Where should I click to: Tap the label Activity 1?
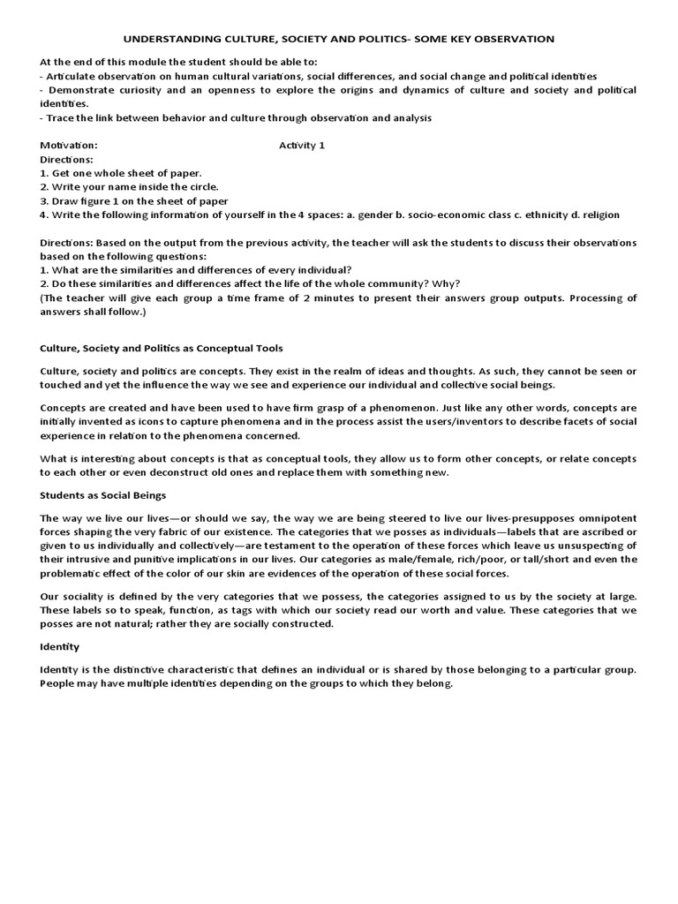[x=302, y=146]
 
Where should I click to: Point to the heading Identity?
[x=60, y=647]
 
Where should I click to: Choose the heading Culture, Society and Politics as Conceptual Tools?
[x=162, y=349]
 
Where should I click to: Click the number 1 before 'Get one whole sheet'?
[x=44, y=173]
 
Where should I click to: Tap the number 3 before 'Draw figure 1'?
[x=44, y=200]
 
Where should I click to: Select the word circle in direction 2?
[x=200, y=187]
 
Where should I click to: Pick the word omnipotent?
[x=606, y=517]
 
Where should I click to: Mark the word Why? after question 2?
[x=448, y=283]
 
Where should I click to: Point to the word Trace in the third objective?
[x=62, y=118]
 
